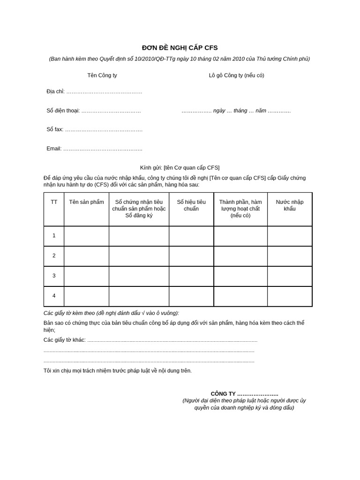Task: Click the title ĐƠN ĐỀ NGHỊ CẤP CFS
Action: [x=180, y=48]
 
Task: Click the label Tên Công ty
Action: [x=102, y=75]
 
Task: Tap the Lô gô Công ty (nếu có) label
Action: [x=236, y=75]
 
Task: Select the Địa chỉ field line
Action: [x=104, y=92]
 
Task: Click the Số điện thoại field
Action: [x=111, y=111]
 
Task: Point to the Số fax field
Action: [x=103, y=130]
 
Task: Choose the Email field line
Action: [x=102, y=149]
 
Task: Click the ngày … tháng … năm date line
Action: [x=236, y=111]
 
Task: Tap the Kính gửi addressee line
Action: [x=180, y=167]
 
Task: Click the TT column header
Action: [x=54, y=202]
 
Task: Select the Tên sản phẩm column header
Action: [x=86, y=202]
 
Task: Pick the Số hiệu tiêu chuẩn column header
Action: [x=191, y=205]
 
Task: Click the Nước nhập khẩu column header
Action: [x=290, y=205]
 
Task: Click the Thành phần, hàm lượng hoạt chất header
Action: [x=240, y=209]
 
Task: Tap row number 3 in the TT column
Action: [x=54, y=276]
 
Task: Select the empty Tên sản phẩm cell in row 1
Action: [x=86, y=236]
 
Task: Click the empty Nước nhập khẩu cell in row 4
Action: [x=290, y=296]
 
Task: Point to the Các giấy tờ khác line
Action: [x=150, y=340]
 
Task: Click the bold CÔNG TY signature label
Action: [x=244, y=394]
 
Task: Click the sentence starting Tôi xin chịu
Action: [x=118, y=371]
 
